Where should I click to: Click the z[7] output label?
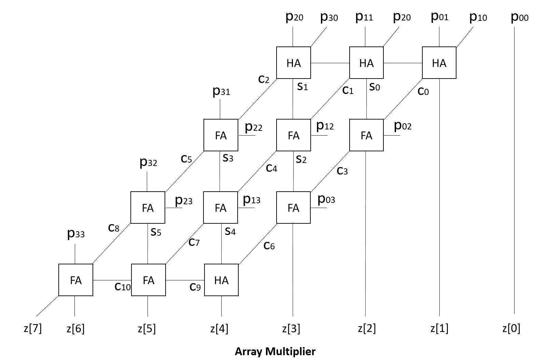(x=33, y=329)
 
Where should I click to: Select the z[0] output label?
(x=511, y=329)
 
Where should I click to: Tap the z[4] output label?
(x=219, y=329)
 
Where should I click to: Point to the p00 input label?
(x=520, y=17)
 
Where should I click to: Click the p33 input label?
(x=76, y=234)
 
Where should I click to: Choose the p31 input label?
(x=221, y=91)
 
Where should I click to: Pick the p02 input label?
(x=403, y=126)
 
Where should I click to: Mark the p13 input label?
(x=251, y=199)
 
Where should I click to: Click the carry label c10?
(x=122, y=286)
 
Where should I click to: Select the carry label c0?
(x=423, y=91)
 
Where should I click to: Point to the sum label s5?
(x=156, y=232)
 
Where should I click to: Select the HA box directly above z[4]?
(x=221, y=280)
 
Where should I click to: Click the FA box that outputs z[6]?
(x=76, y=280)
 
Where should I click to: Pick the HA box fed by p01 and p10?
(x=439, y=63)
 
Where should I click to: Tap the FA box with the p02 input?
(x=366, y=135)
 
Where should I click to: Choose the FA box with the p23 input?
(x=148, y=208)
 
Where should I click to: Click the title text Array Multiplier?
(x=275, y=351)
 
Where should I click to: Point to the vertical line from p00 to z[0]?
(x=514, y=171)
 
